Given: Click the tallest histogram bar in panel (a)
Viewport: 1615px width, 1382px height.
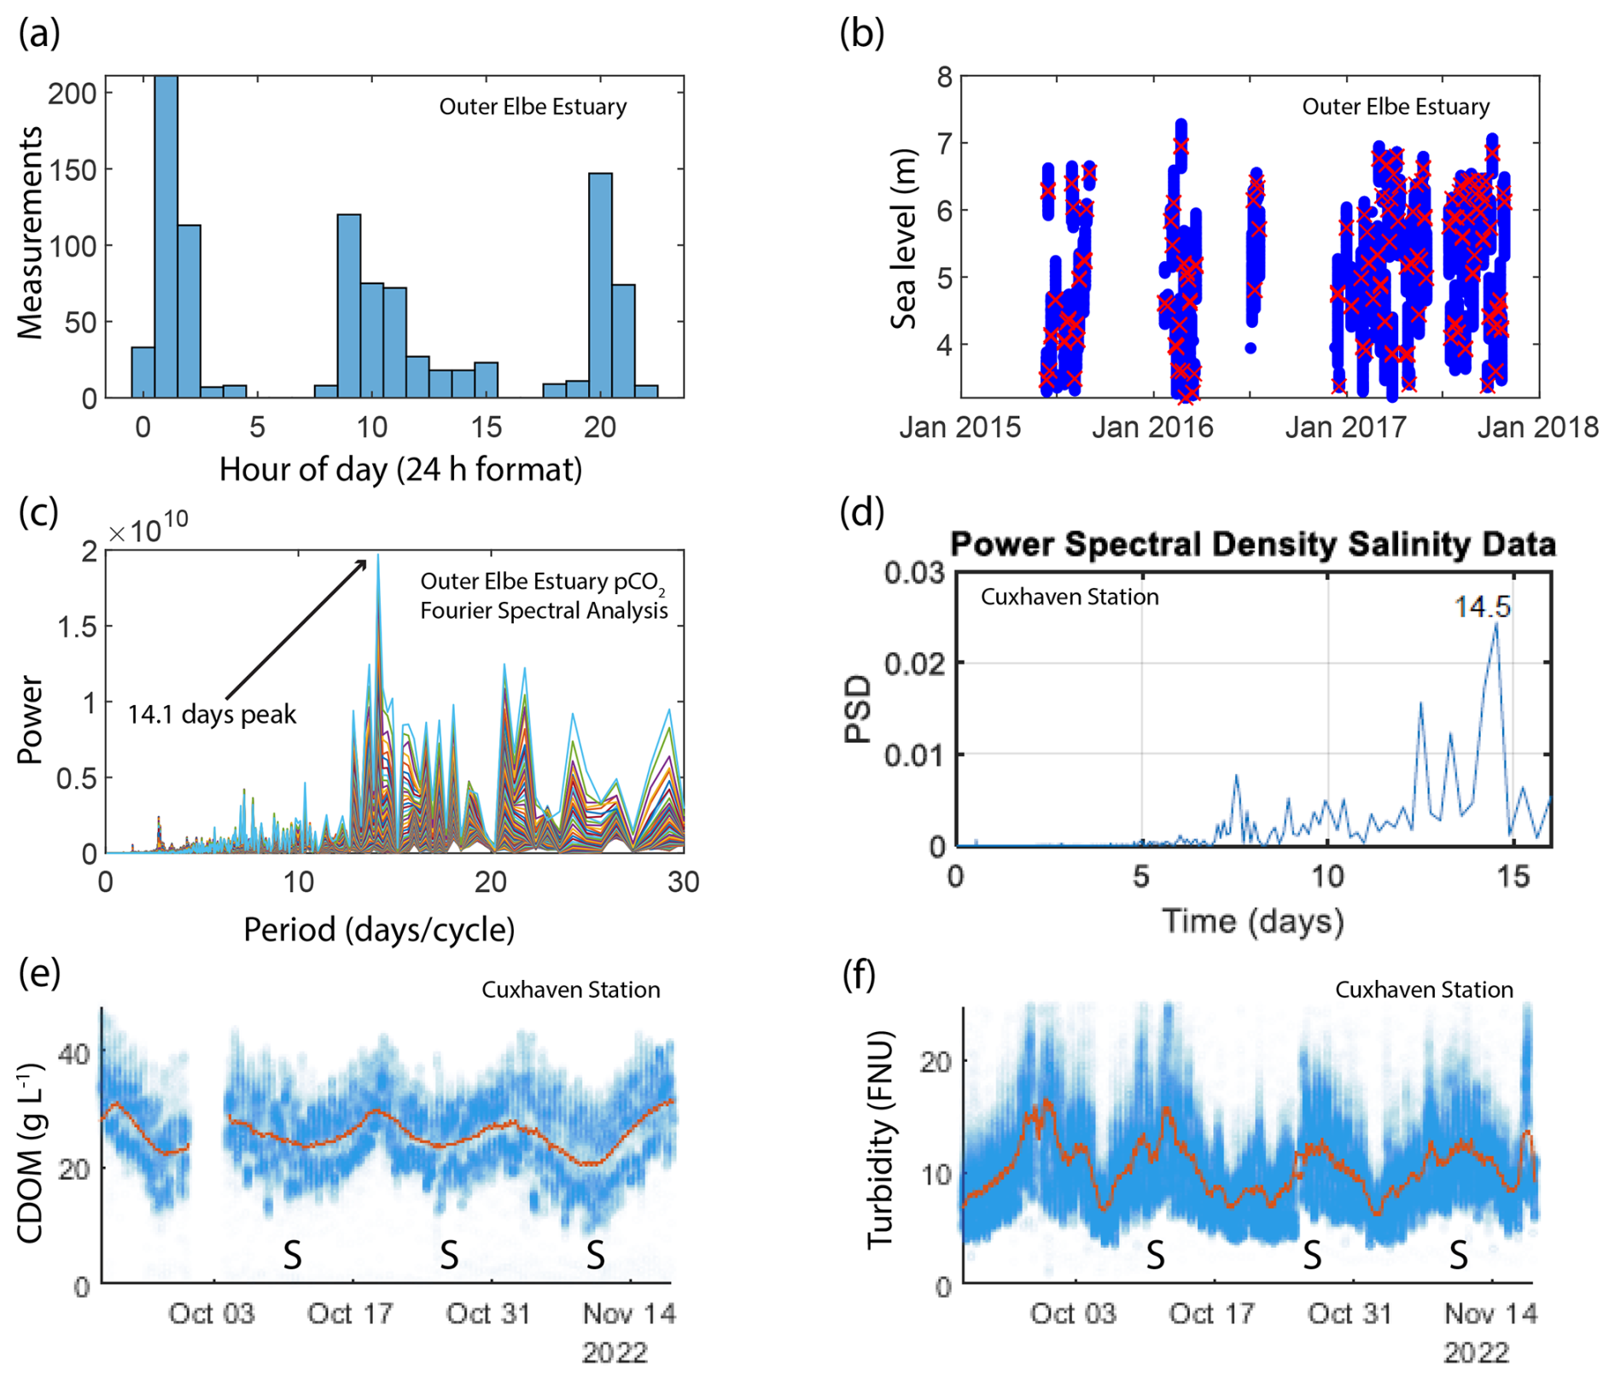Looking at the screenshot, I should tap(166, 239).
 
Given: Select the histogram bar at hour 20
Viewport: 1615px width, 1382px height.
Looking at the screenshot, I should tap(600, 286).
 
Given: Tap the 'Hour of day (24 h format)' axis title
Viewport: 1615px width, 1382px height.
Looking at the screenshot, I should tap(400, 469).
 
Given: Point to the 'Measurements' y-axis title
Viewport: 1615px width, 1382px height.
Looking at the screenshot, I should tap(30, 233).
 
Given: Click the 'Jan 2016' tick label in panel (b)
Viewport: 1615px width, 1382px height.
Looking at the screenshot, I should tap(1152, 427).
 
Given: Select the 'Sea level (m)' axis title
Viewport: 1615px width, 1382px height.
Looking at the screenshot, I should tap(903, 239).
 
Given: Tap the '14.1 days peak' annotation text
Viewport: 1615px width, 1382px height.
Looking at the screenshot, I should tap(212, 714).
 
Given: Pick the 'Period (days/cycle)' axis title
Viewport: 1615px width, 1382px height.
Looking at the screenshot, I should tap(379, 929).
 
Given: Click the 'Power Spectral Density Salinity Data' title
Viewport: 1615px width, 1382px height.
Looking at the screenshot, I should tap(1253, 544).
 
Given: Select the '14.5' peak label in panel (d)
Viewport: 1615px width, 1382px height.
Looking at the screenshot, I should tap(1482, 607).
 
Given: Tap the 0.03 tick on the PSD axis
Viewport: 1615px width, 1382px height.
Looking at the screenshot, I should tap(915, 572).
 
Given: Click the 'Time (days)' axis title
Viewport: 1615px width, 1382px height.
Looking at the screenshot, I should tap(1253, 920).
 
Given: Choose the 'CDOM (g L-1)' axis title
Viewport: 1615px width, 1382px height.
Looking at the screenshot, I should tap(32, 1153).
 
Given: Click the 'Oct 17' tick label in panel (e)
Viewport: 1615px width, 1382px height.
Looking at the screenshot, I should tap(350, 1313).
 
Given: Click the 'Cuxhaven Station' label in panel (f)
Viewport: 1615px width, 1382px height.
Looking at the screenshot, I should tap(1424, 989).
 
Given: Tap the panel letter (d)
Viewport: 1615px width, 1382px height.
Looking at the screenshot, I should tap(862, 512).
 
